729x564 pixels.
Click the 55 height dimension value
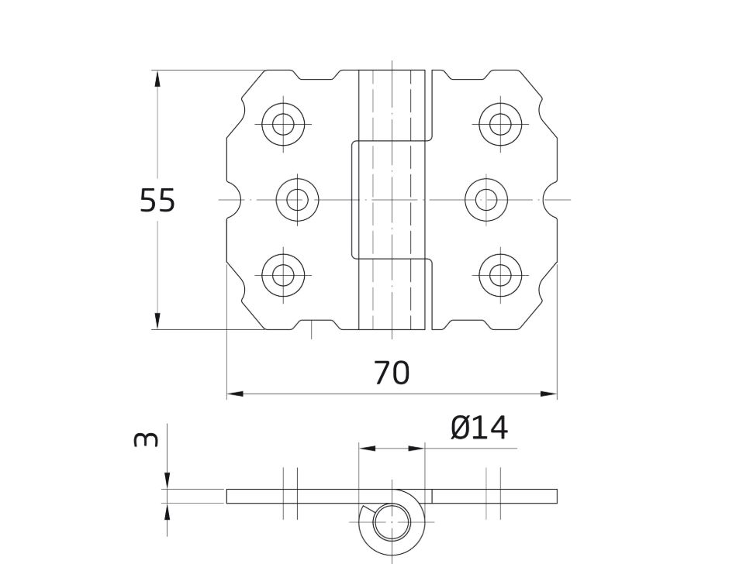(x=157, y=200)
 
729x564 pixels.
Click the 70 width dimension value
(x=392, y=373)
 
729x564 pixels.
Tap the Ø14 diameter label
(x=479, y=428)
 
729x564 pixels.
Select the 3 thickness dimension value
(x=146, y=439)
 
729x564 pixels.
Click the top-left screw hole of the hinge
(x=283, y=125)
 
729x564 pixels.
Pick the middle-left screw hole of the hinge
(x=297, y=200)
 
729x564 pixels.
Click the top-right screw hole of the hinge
(x=500, y=125)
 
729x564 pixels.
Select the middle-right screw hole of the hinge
(x=486, y=200)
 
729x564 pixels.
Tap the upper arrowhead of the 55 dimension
(x=157, y=78)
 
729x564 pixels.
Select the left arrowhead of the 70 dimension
(x=235, y=394)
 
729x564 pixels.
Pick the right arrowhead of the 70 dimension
(x=548, y=394)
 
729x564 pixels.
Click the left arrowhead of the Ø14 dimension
(x=368, y=449)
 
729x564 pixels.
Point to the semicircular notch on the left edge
(x=234, y=200)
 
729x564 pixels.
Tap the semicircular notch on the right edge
(x=550, y=200)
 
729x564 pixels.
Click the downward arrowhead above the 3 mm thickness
(x=168, y=481)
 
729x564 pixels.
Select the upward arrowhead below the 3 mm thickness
(x=168, y=511)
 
